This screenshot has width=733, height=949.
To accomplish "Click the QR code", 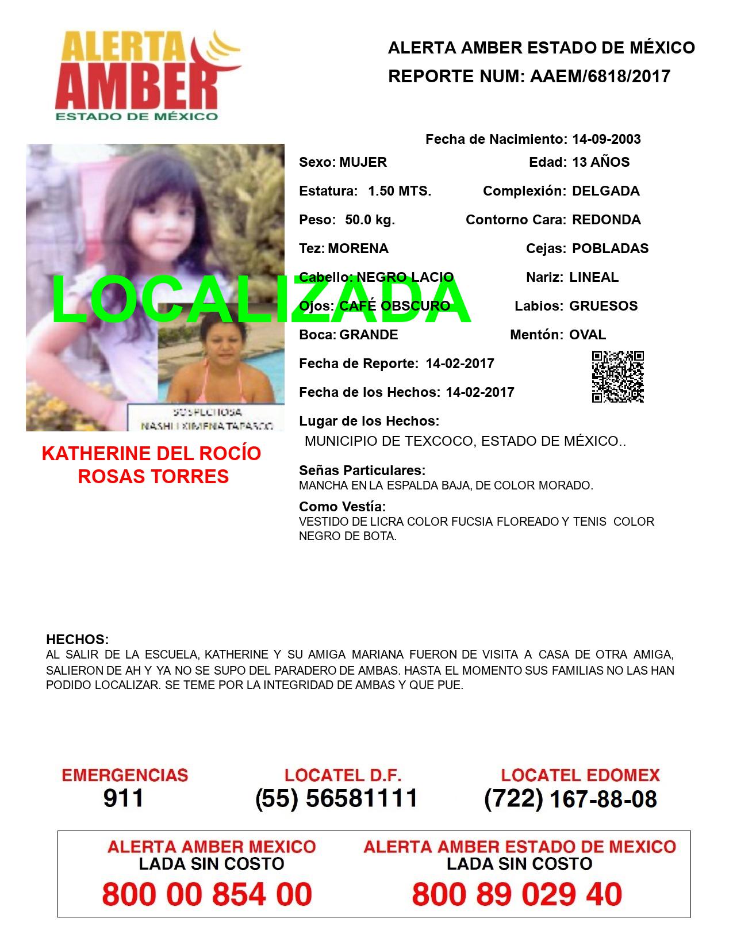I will [x=617, y=377].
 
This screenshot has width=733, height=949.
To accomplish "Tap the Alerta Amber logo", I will [x=148, y=76].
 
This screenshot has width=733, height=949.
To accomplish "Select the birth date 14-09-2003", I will [x=606, y=139].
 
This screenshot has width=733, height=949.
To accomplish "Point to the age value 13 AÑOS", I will [x=601, y=162].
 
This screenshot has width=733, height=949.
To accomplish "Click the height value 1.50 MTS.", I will [x=400, y=191].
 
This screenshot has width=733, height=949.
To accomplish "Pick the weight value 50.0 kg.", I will [x=370, y=220].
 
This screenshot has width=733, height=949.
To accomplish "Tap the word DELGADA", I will [x=605, y=191].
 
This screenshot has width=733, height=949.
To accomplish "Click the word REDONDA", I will [x=606, y=220].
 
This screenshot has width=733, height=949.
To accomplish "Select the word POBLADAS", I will [x=610, y=248].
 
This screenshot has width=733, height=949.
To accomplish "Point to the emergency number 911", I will [x=124, y=798].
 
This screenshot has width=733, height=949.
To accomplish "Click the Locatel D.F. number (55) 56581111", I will [x=336, y=798].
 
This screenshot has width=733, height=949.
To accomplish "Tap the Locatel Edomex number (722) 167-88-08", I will [x=570, y=798].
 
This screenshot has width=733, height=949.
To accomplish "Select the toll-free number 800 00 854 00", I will [x=207, y=894].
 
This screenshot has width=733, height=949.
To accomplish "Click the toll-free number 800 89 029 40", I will [x=517, y=894].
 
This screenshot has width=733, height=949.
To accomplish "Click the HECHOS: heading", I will [x=77, y=640].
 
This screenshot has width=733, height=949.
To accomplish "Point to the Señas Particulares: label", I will [x=362, y=470].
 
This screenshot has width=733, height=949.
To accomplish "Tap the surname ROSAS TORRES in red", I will [x=153, y=477].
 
